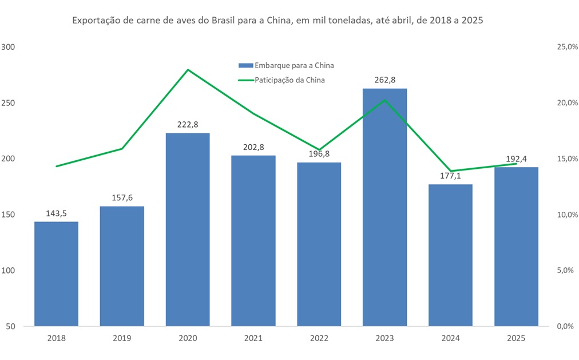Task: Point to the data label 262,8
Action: (384, 80)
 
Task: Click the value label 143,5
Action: (56, 213)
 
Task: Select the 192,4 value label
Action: (516, 159)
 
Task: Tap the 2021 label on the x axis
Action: (253, 338)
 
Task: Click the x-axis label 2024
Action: (450, 338)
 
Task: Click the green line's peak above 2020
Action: (188, 70)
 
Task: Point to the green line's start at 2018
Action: (56, 166)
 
